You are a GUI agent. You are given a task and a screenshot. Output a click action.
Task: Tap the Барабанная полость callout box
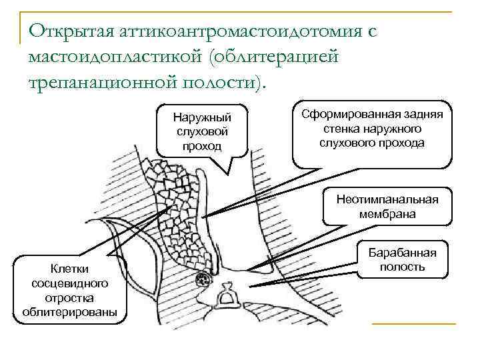point(402,260)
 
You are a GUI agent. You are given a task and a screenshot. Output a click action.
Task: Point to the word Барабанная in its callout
point(402,253)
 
